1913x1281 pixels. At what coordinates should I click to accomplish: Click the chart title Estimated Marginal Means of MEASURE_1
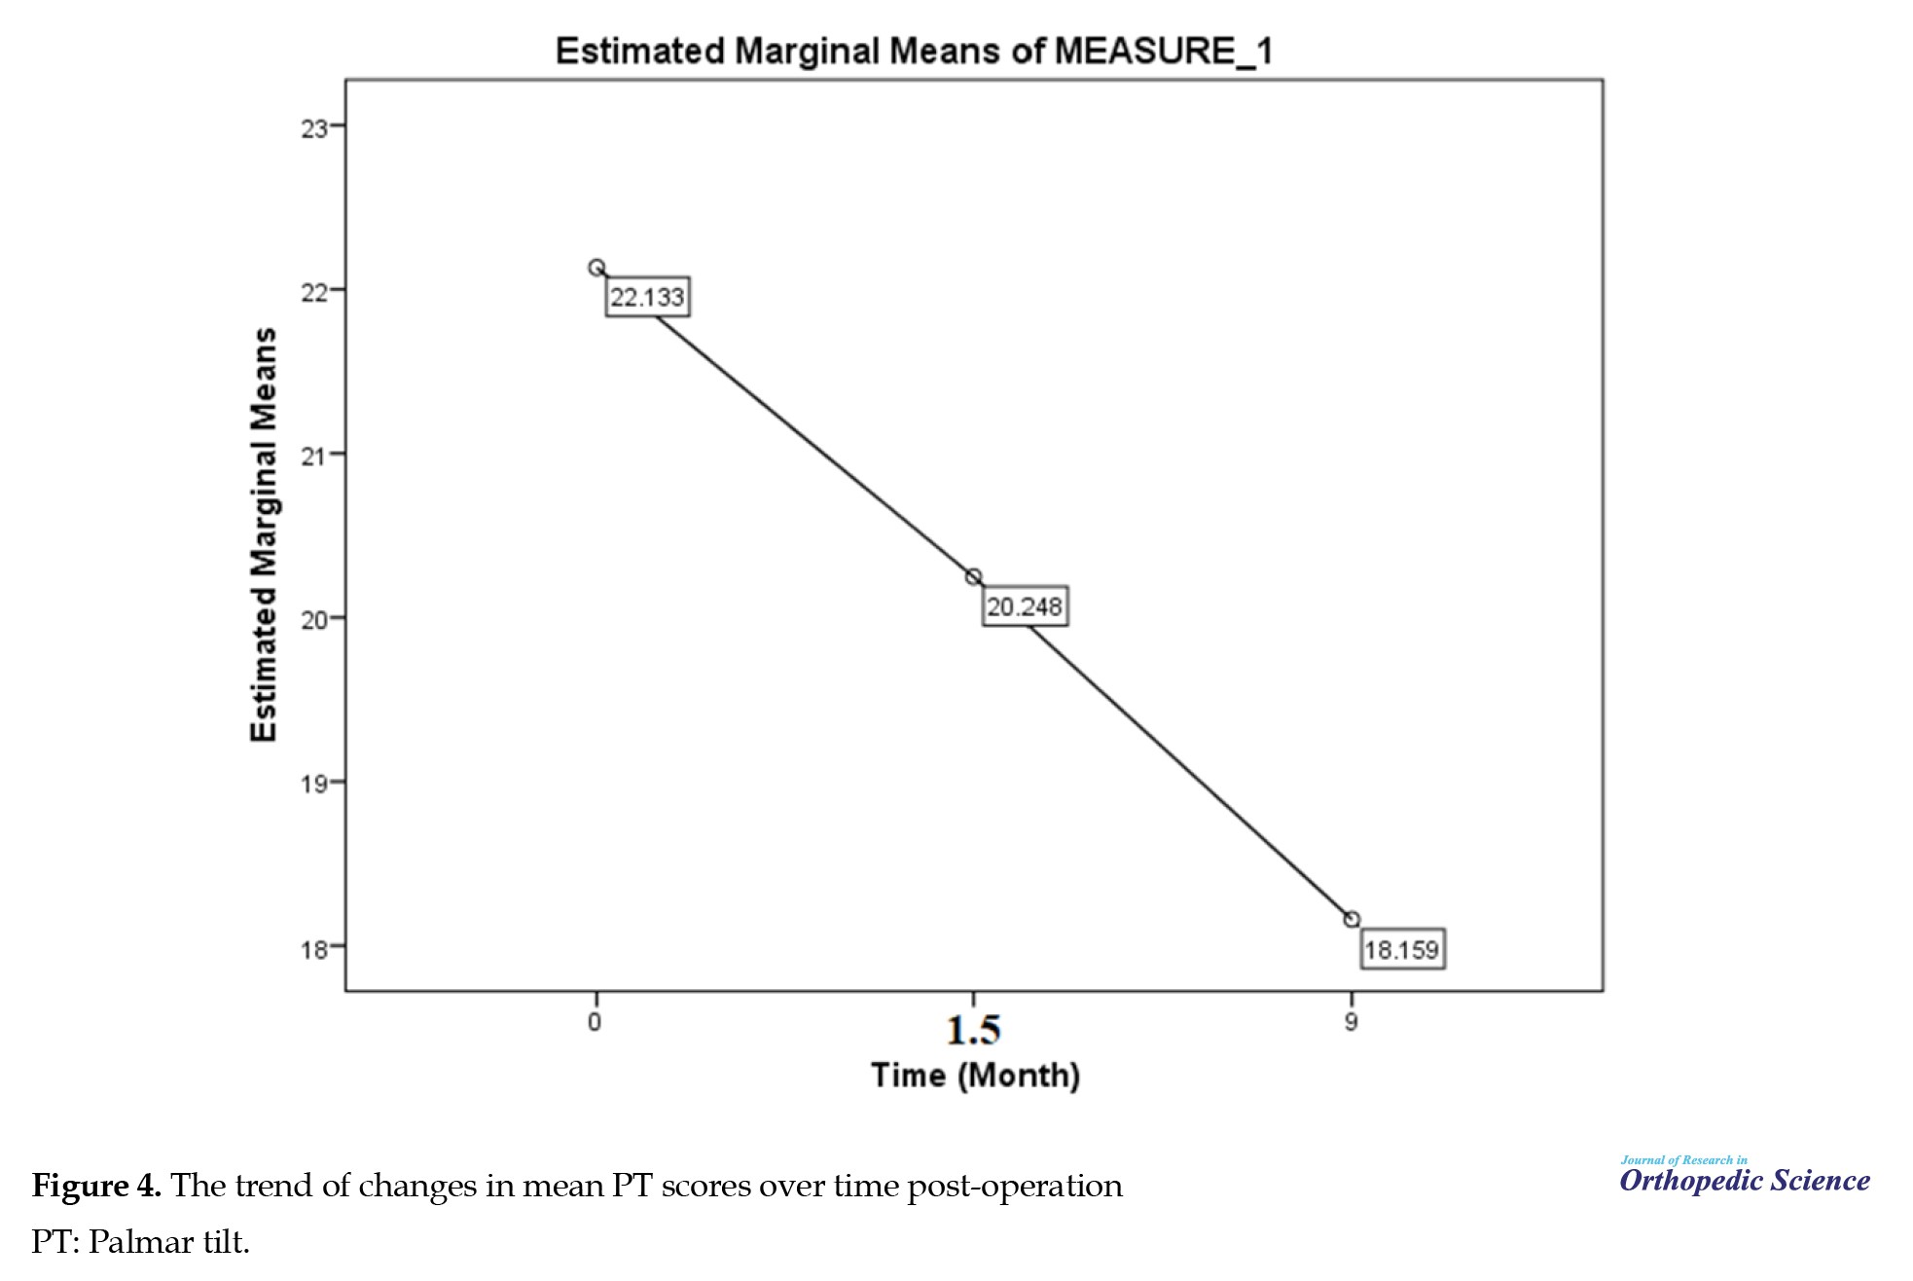(913, 51)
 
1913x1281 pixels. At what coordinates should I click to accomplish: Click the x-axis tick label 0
(596, 1022)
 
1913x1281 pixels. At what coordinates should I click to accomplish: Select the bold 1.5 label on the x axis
(973, 1030)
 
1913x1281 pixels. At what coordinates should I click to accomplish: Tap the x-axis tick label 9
(1351, 1022)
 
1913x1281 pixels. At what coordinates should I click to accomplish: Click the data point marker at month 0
(596, 268)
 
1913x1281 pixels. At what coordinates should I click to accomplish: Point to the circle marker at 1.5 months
(973, 577)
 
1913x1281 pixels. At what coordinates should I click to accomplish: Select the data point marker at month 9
(1352, 920)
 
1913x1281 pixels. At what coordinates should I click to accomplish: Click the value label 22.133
(647, 297)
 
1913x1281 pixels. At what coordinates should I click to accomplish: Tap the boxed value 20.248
(1025, 607)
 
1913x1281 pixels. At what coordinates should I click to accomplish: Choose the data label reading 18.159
(1401, 949)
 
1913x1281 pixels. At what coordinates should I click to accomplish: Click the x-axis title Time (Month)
(975, 1076)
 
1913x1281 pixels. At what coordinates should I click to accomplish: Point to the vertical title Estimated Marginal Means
(264, 535)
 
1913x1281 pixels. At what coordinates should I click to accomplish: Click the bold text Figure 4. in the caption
(96, 1187)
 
